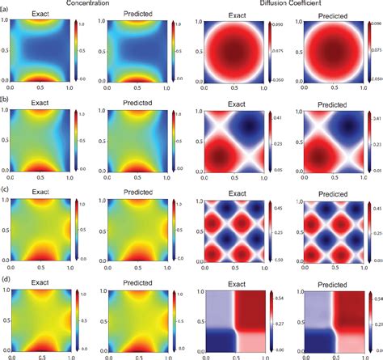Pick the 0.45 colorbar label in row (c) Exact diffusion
point(278,207)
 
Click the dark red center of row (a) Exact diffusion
point(232,52)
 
